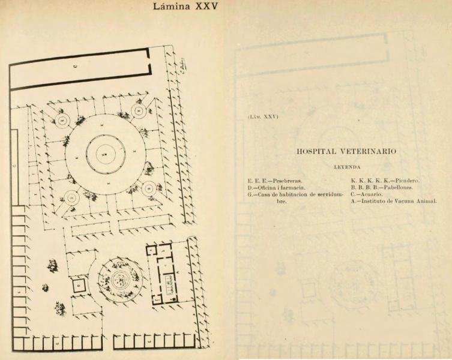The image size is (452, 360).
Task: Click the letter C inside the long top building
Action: point(74,65)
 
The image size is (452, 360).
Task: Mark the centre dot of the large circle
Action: point(104,155)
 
